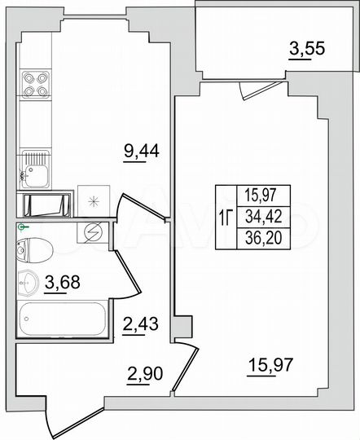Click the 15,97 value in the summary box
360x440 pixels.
[x=258, y=196]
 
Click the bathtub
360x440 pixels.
[x=62, y=319]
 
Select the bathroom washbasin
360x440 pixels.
[x=27, y=283]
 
